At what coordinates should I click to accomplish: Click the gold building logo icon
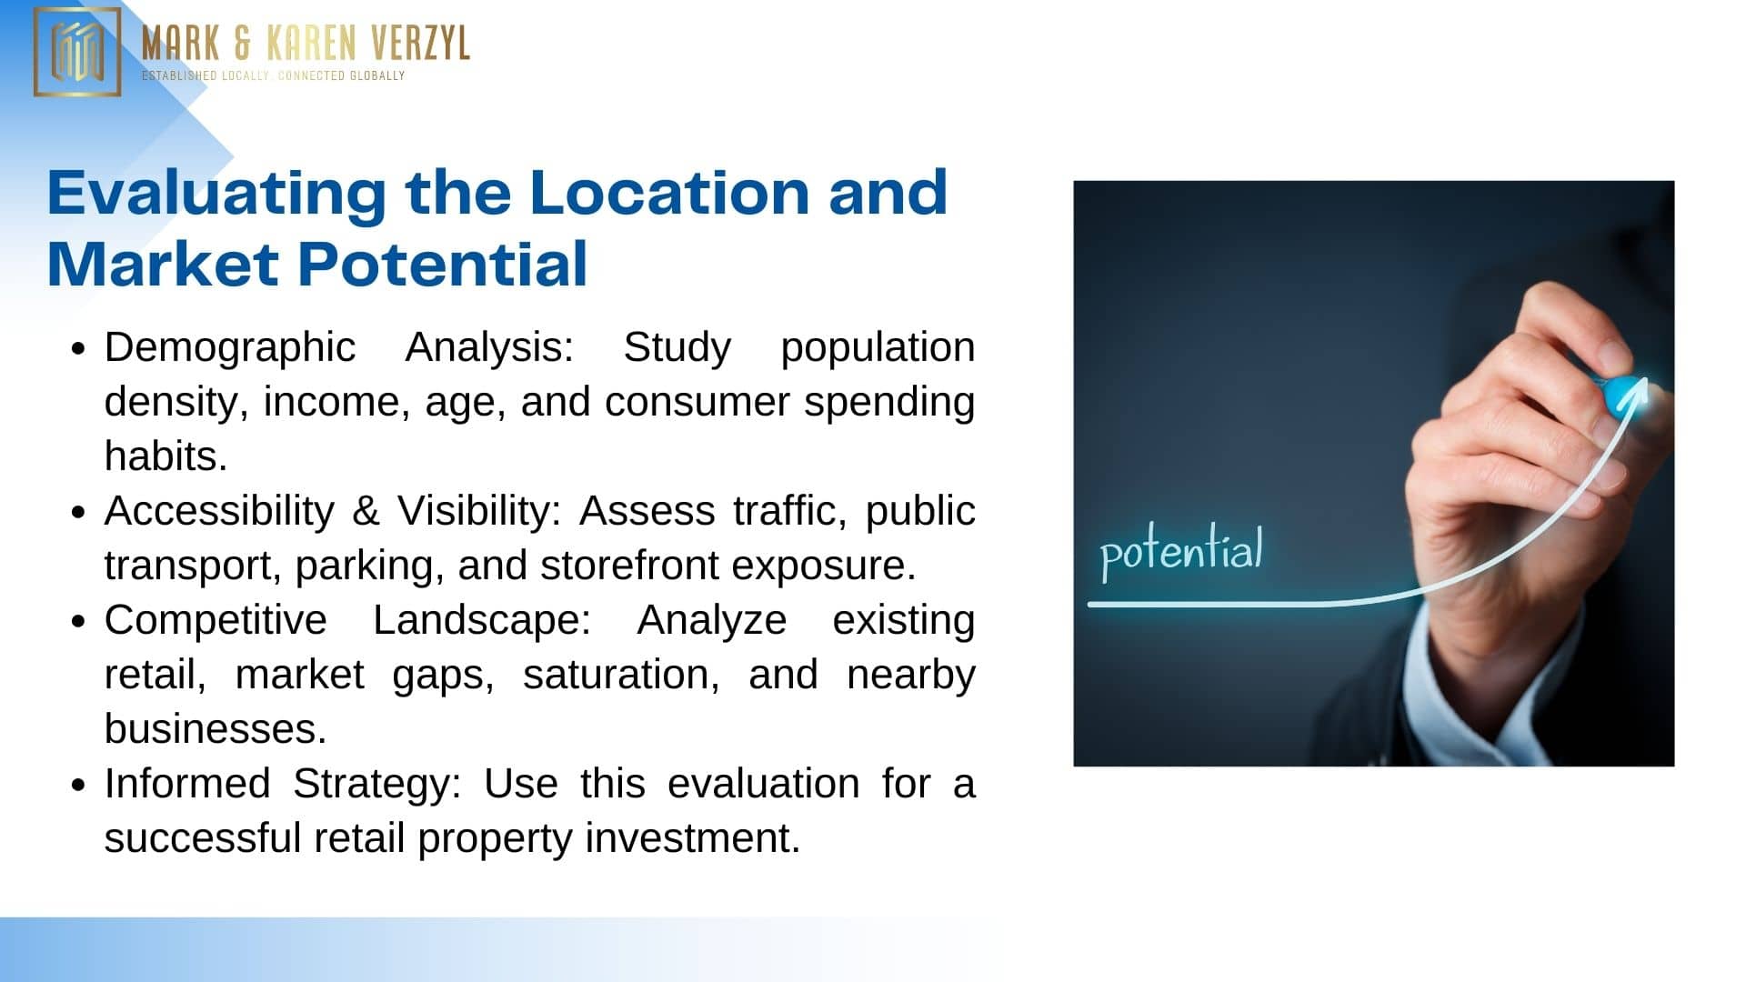point(77,52)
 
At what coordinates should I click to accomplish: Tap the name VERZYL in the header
point(420,43)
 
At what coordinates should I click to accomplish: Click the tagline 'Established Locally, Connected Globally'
point(273,75)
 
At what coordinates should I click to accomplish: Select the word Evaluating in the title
point(216,194)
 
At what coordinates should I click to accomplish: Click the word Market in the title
point(163,265)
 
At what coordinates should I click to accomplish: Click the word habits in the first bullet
point(166,456)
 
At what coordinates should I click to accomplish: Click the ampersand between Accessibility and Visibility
point(365,511)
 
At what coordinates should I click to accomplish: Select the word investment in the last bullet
point(692,838)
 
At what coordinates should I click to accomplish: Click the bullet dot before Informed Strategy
point(78,785)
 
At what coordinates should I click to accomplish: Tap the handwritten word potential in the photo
point(1181,552)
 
